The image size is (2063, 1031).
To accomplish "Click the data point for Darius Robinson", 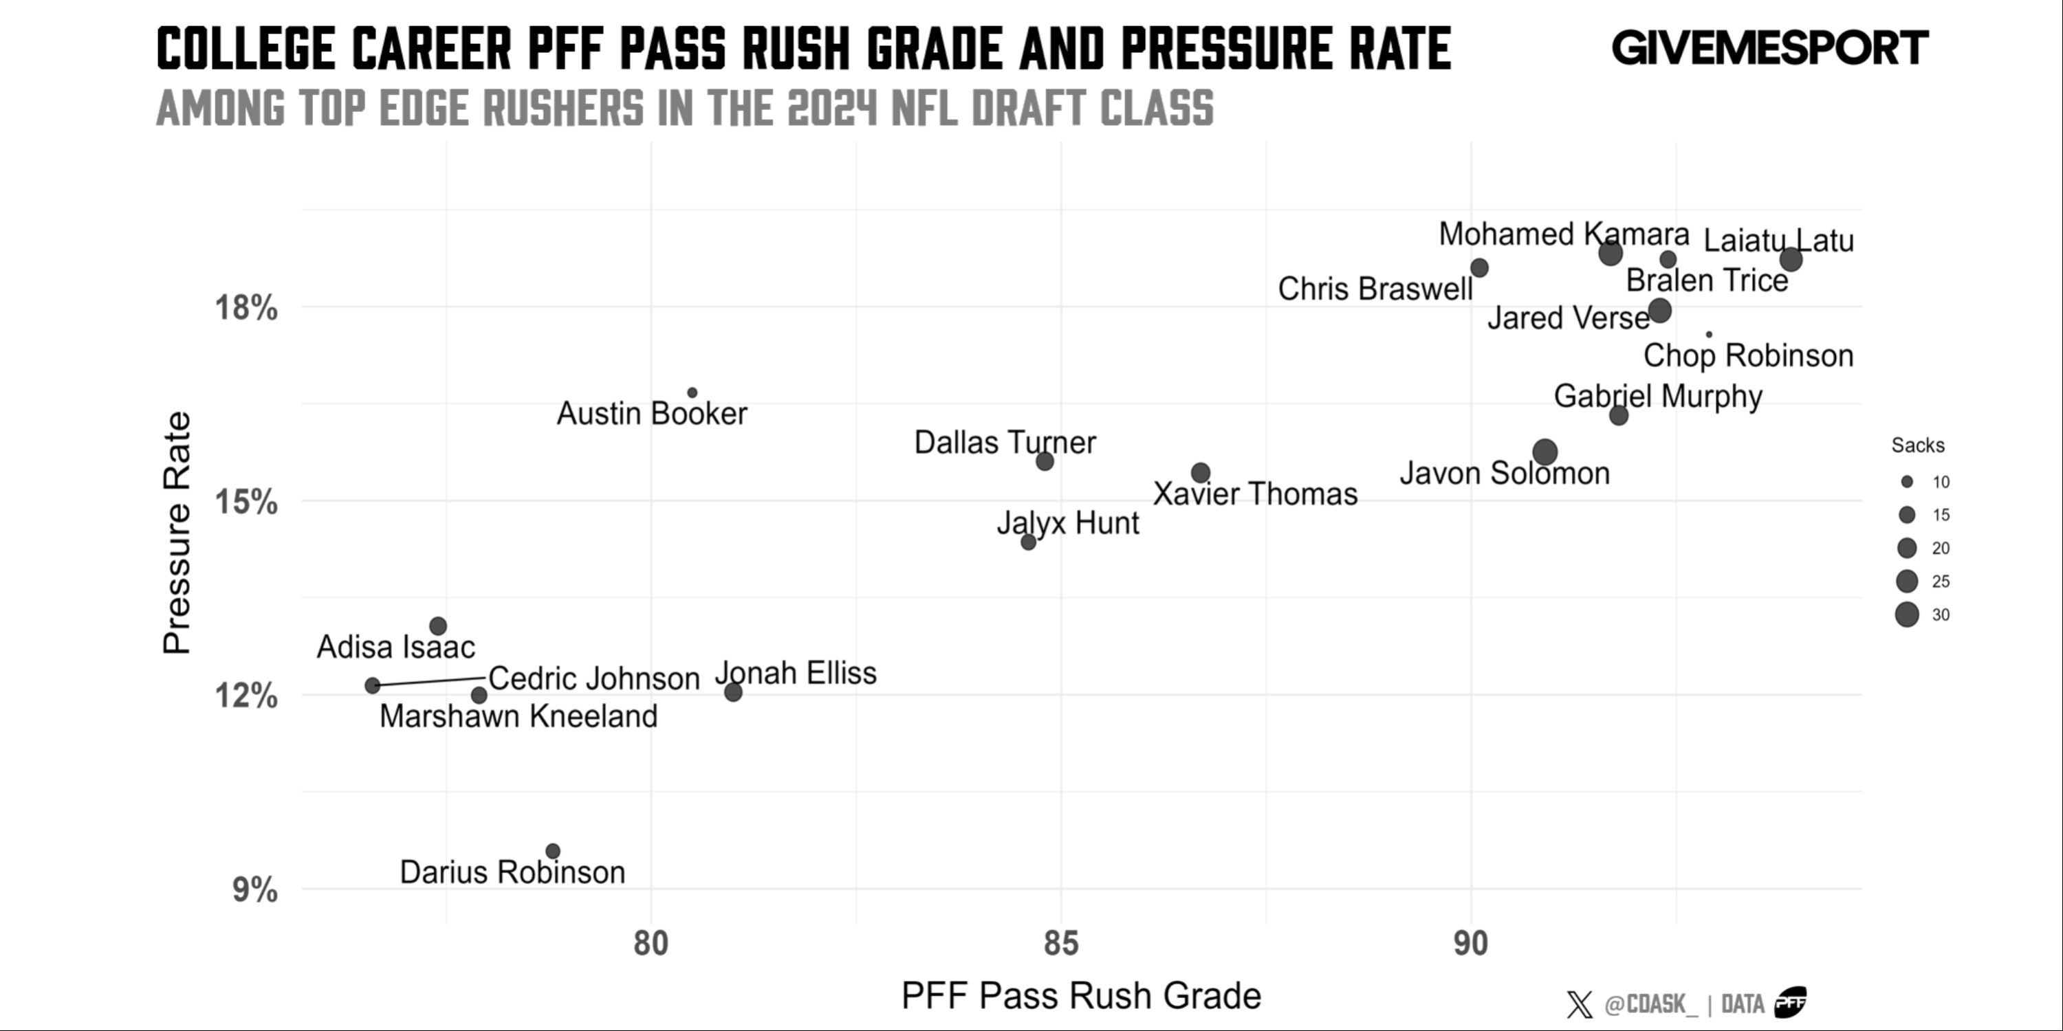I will point(553,851).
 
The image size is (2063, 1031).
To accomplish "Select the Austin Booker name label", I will point(652,414).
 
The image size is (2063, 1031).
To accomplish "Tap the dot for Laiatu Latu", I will point(1791,259).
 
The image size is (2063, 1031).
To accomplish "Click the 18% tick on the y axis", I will point(246,307).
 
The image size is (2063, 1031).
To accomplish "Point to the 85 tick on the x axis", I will point(1061,944).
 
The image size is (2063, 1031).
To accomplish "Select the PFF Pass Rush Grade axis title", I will point(1081,996).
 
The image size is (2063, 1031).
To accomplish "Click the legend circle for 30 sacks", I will point(1907,614).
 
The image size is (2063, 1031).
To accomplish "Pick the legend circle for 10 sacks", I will point(1907,482).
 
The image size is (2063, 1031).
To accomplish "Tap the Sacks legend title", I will point(1917,446).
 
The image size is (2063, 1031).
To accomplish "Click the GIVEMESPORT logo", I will point(1770,48).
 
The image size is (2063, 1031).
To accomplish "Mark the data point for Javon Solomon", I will point(1545,452).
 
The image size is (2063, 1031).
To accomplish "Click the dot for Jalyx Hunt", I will point(1028,542).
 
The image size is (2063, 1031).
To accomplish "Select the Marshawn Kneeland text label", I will point(518,716).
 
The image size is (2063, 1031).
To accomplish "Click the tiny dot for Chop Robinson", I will point(1709,335).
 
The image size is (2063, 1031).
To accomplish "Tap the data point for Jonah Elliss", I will point(733,691).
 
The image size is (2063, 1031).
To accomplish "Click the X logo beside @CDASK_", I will point(1580,1004).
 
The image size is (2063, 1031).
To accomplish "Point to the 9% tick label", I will point(254,889).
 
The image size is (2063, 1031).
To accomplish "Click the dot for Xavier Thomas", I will point(1200,473).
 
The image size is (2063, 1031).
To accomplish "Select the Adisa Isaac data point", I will point(438,626).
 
